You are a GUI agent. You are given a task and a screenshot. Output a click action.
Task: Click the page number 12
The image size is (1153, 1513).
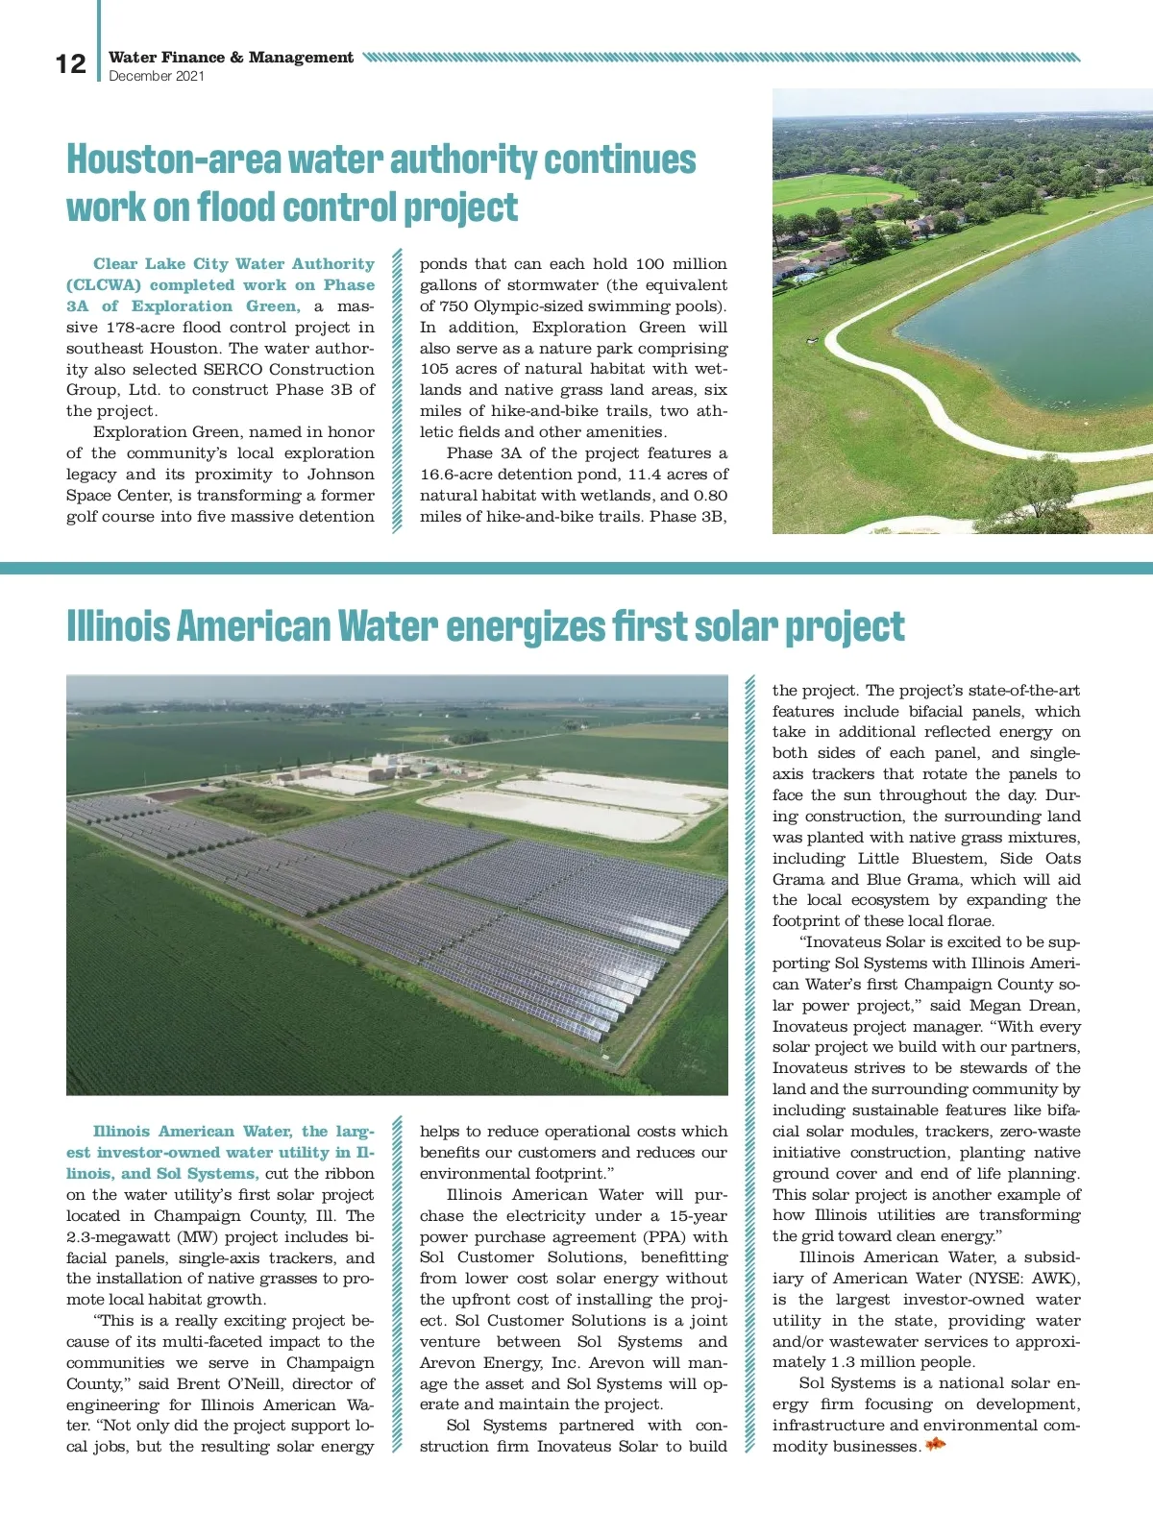click(70, 64)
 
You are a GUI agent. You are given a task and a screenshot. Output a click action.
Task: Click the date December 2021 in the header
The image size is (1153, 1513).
click(157, 77)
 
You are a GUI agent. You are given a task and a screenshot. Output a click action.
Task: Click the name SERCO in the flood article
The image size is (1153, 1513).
click(233, 370)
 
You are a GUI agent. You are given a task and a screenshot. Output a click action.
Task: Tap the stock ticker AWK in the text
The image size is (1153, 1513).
click(1054, 1279)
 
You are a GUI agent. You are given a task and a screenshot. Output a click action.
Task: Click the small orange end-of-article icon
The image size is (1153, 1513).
click(935, 1445)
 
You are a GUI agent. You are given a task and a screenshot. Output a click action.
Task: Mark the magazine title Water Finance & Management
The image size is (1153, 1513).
click(231, 58)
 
